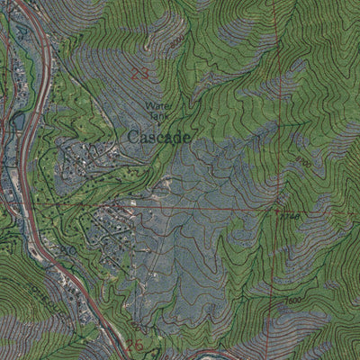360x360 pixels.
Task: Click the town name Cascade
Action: tap(158, 137)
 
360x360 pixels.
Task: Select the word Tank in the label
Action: tap(156, 115)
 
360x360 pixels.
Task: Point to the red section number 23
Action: tap(139, 75)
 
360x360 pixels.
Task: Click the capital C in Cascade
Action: tap(132, 137)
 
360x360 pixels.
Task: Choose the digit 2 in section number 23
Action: tap(135, 75)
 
